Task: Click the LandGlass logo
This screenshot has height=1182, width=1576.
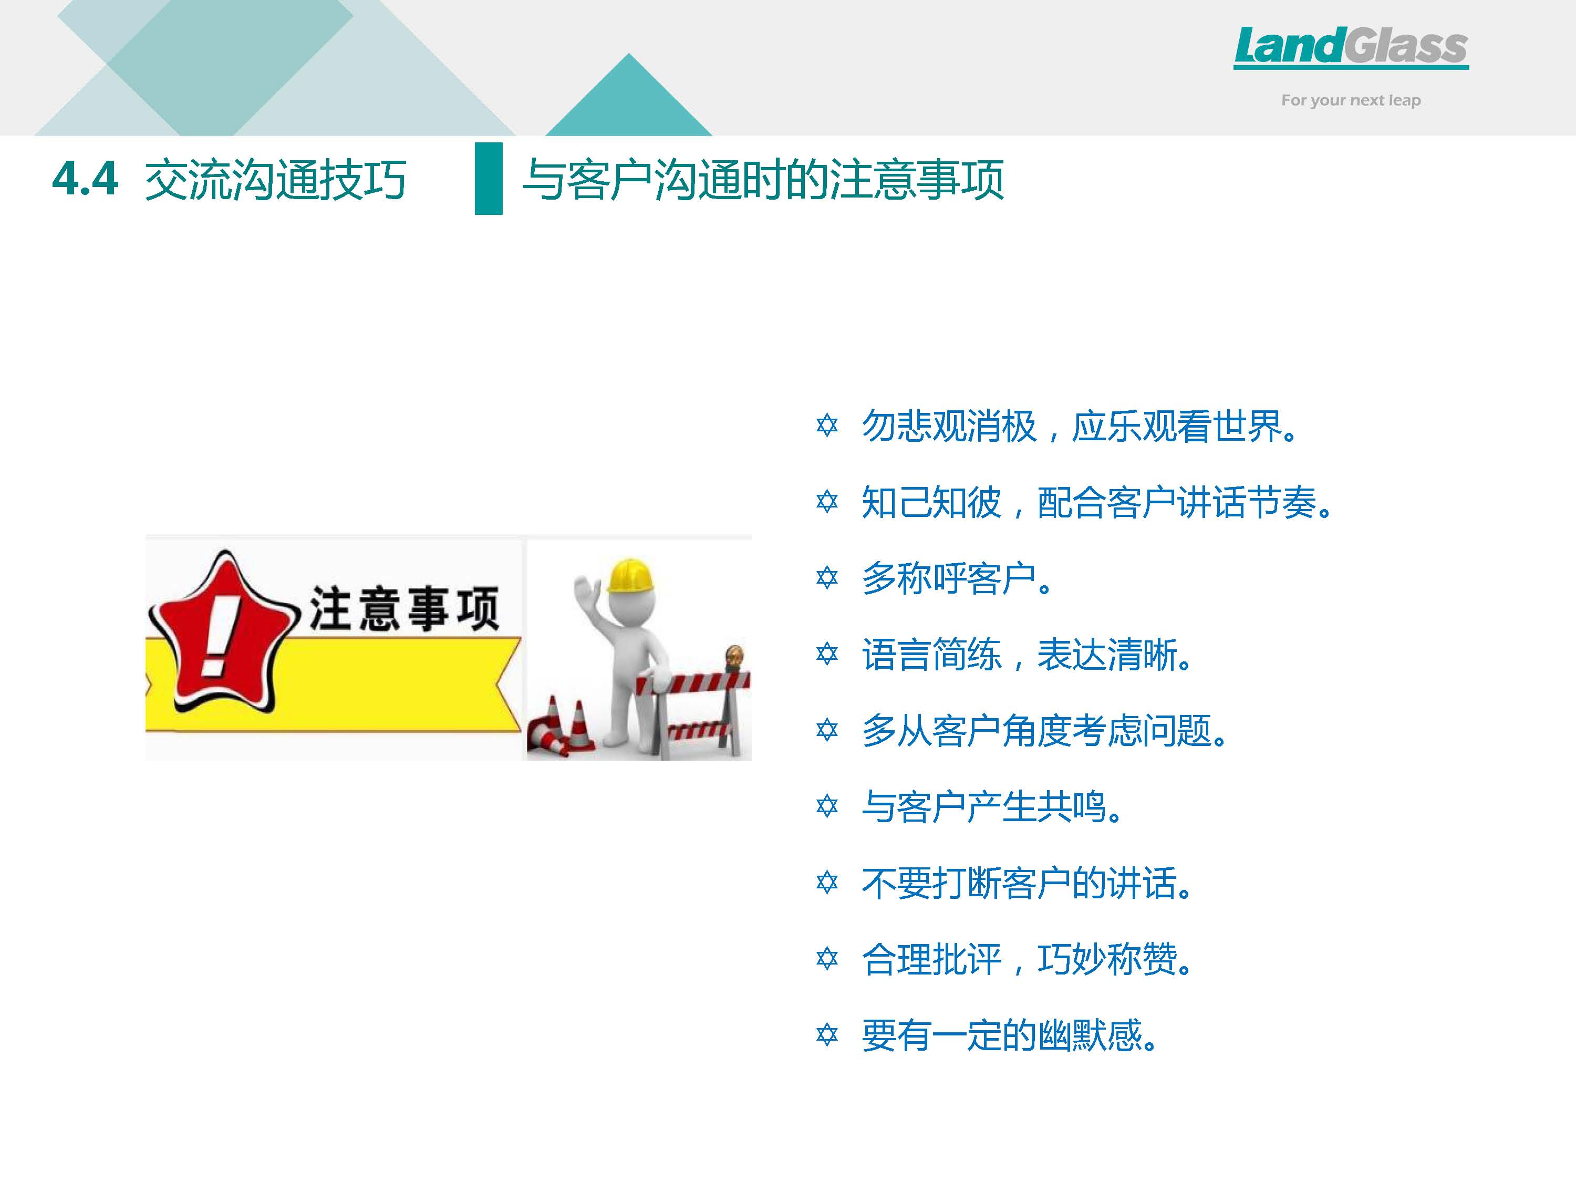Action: [1351, 48]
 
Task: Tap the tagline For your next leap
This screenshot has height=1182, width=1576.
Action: [1351, 100]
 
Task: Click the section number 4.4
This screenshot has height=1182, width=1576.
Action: [85, 178]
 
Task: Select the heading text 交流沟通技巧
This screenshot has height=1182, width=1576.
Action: [275, 179]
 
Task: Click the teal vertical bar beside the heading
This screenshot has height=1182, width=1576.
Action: [489, 178]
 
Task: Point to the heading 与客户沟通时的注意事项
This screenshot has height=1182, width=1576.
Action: [763, 179]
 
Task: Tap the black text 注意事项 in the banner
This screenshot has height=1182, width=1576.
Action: [404, 608]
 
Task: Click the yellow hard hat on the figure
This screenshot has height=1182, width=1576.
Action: [630, 576]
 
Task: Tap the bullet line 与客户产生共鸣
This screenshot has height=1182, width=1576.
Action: [992, 807]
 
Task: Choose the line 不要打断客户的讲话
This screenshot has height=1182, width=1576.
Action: [1027, 884]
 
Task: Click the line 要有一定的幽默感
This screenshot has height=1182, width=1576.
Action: [1009, 1035]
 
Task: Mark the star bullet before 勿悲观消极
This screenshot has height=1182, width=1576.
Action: [827, 426]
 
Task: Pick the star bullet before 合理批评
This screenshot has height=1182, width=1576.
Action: [827, 958]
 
